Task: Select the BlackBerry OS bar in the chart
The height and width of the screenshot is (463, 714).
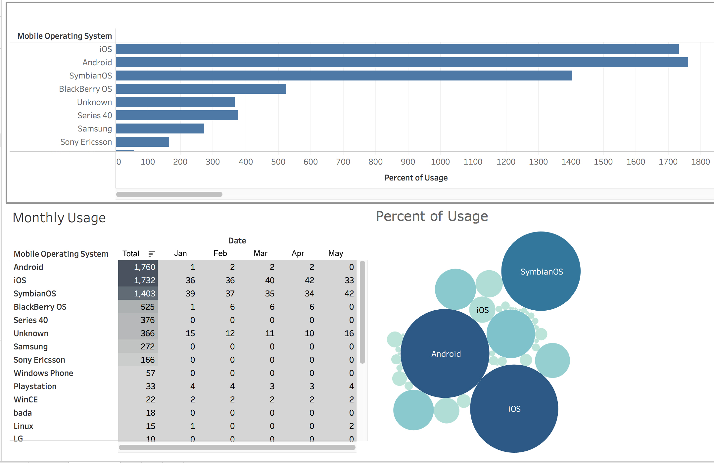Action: pyautogui.click(x=201, y=89)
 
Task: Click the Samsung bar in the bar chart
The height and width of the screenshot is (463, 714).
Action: pyautogui.click(x=160, y=129)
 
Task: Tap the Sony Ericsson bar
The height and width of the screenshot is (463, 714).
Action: pyautogui.click(x=142, y=142)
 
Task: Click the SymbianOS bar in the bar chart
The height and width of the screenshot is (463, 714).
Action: pyautogui.click(x=343, y=76)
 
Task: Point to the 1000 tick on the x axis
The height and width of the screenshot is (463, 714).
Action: pyautogui.click(x=440, y=162)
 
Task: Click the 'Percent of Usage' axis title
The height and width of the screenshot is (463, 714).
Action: pyautogui.click(x=416, y=178)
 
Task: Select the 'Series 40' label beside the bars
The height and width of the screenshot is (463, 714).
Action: pyautogui.click(x=95, y=115)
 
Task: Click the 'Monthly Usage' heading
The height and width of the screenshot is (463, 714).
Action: pyautogui.click(x=59, y=218)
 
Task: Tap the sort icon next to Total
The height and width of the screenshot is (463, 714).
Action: pyautogui.click(x=152, y=254)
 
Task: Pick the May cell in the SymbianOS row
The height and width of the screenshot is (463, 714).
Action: pyautogui.click(x=349, y=293)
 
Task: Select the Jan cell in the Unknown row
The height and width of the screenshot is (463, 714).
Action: pyautogui.click(x=190, y=333)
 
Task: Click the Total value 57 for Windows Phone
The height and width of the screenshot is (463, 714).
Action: pyautogui.click(x=150, y=373)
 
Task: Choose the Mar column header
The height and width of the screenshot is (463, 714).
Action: pyautogui.click(x=261, y=253)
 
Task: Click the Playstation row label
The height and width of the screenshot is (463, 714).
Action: pyautogui.click(x=35, y=386)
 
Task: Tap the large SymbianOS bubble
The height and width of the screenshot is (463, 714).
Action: pyautogui.click(x=541, y=271)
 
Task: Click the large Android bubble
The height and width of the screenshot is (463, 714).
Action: pyautogui.click(x=445, y=353)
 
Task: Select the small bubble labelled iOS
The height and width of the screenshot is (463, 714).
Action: pyautogui.click(x=482, y=310)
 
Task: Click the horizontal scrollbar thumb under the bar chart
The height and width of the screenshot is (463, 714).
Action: pyautogui.click(x=169, y=194)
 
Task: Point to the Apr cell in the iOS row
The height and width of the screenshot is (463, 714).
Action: pyautogui.click(x=309, y=280)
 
